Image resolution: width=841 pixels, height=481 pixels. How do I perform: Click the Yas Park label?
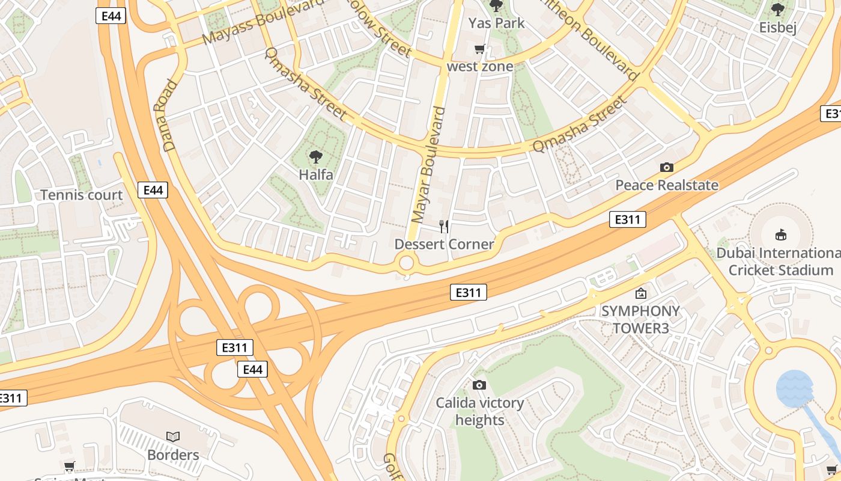click(496, 23)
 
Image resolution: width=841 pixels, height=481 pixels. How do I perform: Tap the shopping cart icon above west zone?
click(479, 49)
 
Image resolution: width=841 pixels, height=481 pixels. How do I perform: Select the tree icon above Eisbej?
click(778, 10)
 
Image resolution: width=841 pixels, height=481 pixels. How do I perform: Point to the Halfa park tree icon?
click(315, 158)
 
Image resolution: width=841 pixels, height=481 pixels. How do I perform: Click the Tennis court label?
click(81, 195)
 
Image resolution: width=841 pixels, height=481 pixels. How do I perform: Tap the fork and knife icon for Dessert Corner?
click(444, 227)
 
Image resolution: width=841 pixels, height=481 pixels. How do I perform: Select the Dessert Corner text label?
click(444, 244)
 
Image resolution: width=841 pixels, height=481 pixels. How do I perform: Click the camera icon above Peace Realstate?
click(666, 168)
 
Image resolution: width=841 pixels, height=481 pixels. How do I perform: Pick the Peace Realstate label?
click(666, 185)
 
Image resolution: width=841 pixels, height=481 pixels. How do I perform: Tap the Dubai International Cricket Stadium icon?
click(781, 234)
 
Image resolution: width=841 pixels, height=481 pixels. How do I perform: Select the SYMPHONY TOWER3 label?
click(640, 319)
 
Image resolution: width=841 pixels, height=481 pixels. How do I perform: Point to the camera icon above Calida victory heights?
click(479, 385)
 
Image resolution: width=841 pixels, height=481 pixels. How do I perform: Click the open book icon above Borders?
click(173, 437)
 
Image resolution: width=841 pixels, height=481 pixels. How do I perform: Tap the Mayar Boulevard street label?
click(428, 165)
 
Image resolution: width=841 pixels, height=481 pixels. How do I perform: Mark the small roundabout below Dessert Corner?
click(407, 263)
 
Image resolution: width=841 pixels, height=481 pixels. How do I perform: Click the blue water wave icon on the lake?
click(794, 388)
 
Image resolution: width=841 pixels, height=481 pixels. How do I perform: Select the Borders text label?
click(173, 455)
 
